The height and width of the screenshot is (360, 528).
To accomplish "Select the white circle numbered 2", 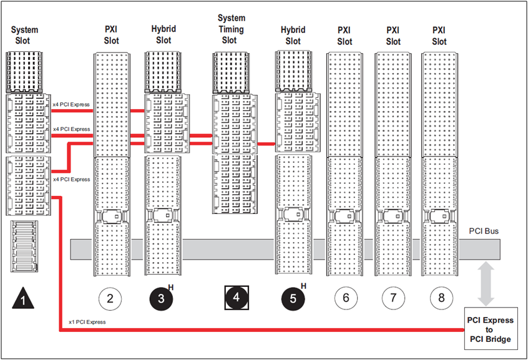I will click(x=110, y=298).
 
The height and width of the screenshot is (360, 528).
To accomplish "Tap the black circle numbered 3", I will click(x=161, y=298).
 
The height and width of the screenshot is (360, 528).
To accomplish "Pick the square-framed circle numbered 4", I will click(x=236, y=298).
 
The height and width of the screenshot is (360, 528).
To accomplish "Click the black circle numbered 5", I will click(x=293, y=298).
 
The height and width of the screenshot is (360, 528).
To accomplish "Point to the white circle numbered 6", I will click(x=346, y=298).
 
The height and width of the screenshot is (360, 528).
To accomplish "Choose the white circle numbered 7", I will click(x=393, y=298).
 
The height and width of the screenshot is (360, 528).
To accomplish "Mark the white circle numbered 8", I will click(x=441, y=298).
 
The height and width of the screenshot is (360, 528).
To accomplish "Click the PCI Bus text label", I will click(x=484, y=231).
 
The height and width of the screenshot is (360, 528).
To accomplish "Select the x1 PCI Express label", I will click(x=87, y=322).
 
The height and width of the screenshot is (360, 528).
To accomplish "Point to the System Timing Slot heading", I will click(x=231, y=29).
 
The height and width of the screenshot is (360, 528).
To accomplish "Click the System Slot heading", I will click(x=24, y=35).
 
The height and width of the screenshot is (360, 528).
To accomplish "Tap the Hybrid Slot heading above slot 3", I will click(x=164, y=35).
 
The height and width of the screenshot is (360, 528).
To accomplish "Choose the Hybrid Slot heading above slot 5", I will click(x=293, y=35).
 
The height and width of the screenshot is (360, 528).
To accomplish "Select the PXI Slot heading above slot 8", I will click(x=439, y=35).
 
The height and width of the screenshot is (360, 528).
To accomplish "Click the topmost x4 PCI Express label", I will click(x=71, y=104).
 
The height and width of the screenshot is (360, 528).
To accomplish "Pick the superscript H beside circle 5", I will click(x=304, y=286).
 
